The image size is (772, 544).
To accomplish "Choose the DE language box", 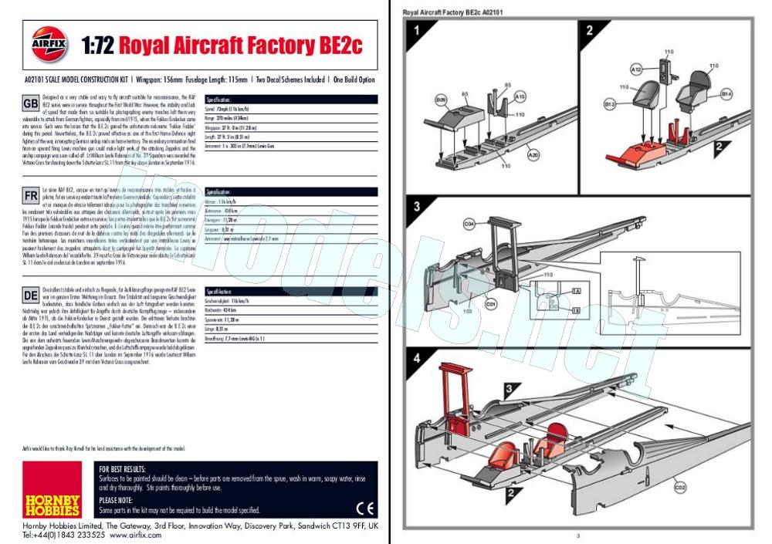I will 31,295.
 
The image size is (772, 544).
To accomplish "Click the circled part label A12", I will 636,69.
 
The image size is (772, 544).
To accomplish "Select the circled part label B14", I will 726,93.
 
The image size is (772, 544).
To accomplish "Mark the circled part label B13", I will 609,103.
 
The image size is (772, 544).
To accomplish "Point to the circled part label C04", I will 469,225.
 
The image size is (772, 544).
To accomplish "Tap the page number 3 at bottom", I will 577,534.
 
